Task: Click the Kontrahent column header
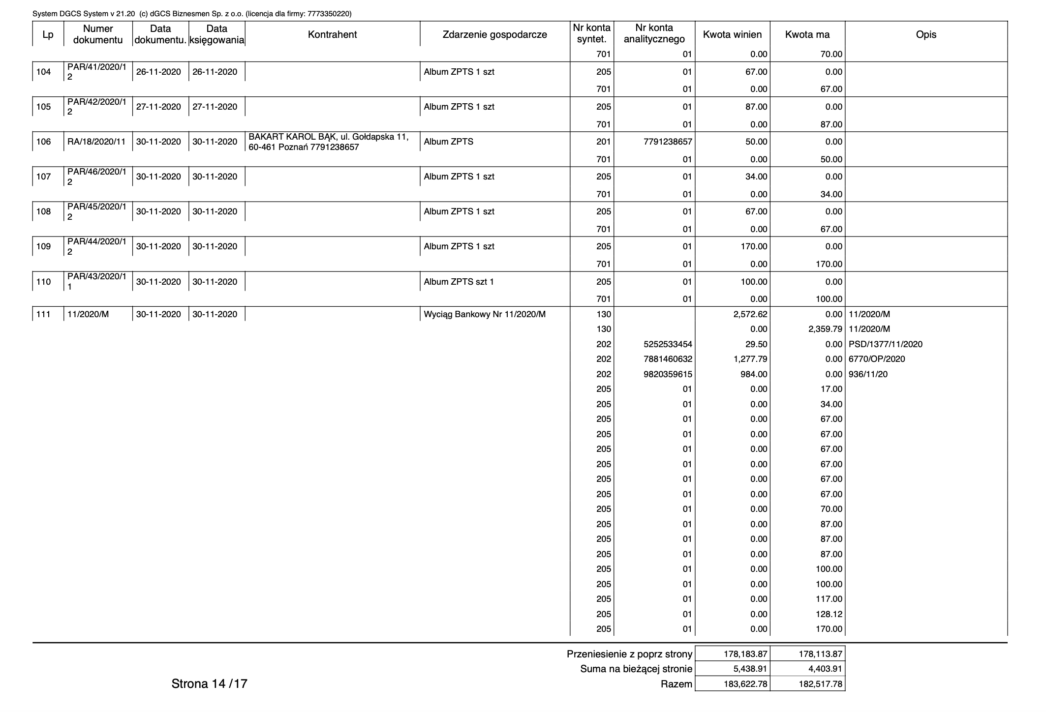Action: [332, 34]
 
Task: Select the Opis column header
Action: [926, 34]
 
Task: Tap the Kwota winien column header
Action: [732, 34]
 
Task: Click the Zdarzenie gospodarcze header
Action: [494, 34]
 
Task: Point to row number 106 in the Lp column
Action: [44, 142]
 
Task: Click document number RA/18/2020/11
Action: [96, 142]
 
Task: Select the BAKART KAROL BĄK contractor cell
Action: [329, 142]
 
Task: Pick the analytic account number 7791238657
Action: [668, 142]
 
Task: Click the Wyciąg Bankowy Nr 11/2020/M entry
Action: [485, 314]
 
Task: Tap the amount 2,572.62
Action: [750, 314]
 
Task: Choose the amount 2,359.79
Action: [825, 329]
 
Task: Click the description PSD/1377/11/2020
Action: [885, 344]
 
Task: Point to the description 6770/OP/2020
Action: [876, 359]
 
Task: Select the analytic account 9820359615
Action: [668, 374]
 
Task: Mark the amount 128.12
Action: [829, 614]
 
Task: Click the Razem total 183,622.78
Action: [745, 684]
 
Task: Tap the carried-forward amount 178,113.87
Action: [821, 654]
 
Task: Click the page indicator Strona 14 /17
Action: [209, 683]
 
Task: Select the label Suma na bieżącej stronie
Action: [636, 669]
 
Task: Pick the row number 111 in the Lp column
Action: [44, 314]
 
